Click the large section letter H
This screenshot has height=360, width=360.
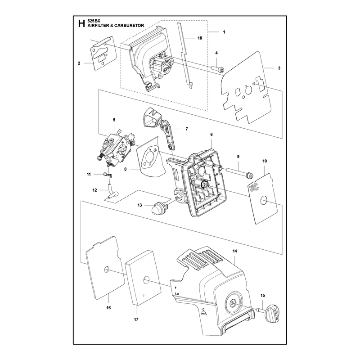(81, 23)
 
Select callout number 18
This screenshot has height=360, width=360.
(200, 38)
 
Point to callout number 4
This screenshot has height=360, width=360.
(216, 53)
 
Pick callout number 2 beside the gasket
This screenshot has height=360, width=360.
(79, 63)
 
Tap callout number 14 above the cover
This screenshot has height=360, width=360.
(234, 251)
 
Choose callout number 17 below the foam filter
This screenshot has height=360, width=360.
(136, 319)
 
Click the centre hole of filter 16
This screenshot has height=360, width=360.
(107, 269)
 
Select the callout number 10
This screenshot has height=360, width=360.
(265, 161)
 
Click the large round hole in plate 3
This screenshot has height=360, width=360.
(248, 91)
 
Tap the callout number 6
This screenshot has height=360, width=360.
(211, 134)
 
